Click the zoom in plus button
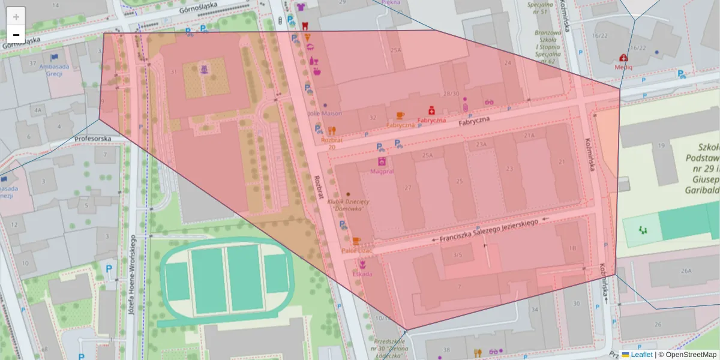16,17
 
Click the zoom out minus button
16,35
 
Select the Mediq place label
623,67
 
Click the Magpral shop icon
382,161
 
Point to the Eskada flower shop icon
362,264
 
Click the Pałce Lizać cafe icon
356,241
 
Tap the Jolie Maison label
325,113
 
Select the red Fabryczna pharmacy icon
431,110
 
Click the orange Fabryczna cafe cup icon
400,115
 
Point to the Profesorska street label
92,139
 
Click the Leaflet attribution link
641,355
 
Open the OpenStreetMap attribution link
691,355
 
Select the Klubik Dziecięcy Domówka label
348,205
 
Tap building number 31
174,72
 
